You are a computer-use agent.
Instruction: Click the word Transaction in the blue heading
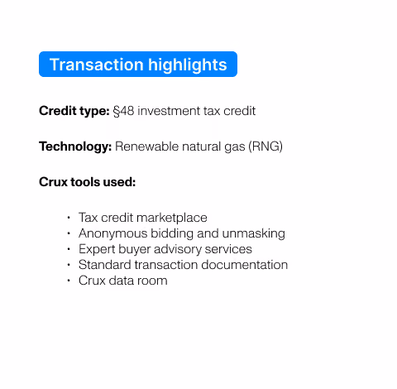point(97,65)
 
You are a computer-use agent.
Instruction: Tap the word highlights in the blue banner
point(188,65)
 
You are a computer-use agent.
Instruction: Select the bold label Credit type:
point(74,111)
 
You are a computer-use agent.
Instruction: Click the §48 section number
point(123,111)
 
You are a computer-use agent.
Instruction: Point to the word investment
point(169,111)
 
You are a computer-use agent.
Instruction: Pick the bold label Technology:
point(75,146)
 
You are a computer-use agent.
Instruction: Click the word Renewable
point(147,146)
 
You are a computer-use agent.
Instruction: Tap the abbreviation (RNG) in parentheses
point(265,146)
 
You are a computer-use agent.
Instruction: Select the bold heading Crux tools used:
point(88,182)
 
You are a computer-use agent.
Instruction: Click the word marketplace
point(172,218)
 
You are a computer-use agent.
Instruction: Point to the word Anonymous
point(113,233)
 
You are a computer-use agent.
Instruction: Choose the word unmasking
point(253,233)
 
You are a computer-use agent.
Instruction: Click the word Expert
point(97,249)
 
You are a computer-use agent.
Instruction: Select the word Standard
point(105,265)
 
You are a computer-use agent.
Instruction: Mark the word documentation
point(245,265)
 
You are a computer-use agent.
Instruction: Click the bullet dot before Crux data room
point(69,281)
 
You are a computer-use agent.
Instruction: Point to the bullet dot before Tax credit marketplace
point(69,218)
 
